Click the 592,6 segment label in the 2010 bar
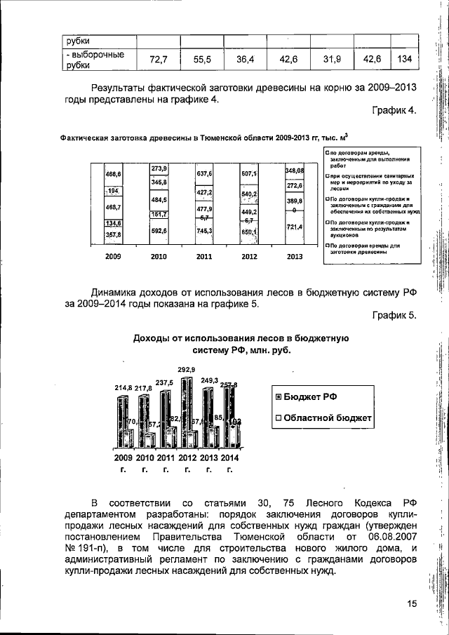(x=159, y=229)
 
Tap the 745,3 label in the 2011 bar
(x=204, y=230)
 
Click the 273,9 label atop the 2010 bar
(x=159, y=169)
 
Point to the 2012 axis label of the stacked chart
(x=249, y=257)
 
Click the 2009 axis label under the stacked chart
(x=113, y=257)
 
